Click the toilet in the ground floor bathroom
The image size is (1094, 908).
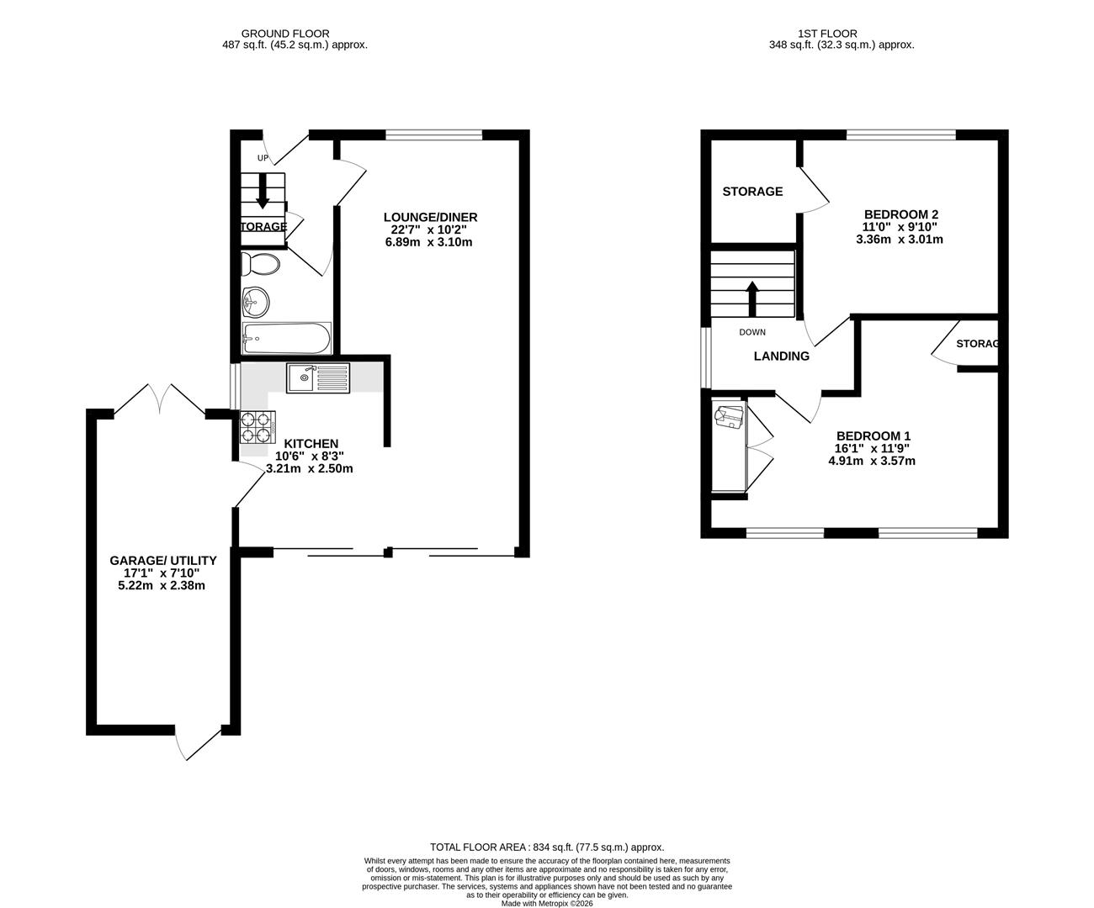tap(260, 264)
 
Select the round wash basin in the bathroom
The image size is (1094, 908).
tap(255, 300)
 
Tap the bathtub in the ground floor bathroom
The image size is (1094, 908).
tap(286, 340)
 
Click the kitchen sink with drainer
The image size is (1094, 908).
tap(317, 377)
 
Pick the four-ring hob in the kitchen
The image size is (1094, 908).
tap(258, 427)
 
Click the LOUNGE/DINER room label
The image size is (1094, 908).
tap(430, 218)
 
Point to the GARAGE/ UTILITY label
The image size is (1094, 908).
tap(162, 561)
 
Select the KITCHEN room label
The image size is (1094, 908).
tap(311, 444)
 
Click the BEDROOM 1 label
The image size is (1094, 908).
tap(874, 436)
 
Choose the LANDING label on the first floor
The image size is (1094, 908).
tap(781, 356)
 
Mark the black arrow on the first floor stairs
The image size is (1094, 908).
tap(752, 297)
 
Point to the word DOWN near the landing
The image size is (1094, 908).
tap(752, 332)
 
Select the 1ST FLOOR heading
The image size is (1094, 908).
tap(841, 34)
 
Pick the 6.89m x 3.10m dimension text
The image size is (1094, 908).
tap(430, 242)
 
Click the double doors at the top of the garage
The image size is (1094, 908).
tap(160, 399)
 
